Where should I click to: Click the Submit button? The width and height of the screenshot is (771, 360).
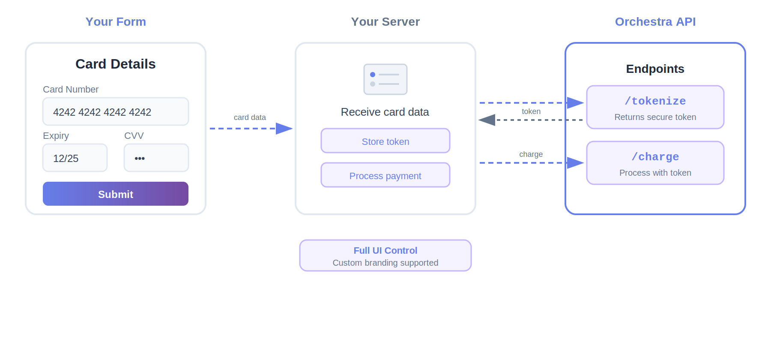tap(116, 194)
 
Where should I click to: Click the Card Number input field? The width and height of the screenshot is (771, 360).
tap(116, 111)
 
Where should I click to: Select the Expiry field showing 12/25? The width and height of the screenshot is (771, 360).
tap(75, 158)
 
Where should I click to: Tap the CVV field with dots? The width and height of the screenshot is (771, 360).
tap(156, 158)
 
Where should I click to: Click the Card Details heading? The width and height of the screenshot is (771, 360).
tap(116, 64)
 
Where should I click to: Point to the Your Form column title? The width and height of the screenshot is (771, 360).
tap(116, 21)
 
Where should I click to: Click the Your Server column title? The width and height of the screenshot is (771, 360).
tap(385, 21)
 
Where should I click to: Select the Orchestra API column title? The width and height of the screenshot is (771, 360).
tap(655, 21)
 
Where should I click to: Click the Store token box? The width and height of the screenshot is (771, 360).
tap(385, 141)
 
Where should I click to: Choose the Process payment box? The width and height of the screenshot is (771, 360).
tap(385, 175)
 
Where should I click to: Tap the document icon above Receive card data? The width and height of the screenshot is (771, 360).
tap(385, 79)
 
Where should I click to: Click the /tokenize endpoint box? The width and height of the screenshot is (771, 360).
tap(655, 107)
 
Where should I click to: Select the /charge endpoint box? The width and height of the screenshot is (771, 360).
tap(655, 163)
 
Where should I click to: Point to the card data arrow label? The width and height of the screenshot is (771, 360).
tap(250, 117)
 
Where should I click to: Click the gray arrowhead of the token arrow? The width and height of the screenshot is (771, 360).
tap(487, 120)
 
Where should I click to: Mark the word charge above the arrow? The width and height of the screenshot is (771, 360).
tap(531, 154)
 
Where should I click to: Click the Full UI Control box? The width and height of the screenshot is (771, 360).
tap(385, 255)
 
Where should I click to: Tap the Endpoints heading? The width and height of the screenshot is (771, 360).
tap(655, 69)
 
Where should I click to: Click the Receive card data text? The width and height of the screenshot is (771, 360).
tap(385, 112)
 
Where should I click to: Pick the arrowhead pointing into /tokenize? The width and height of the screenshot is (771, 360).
tap(575, 103)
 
